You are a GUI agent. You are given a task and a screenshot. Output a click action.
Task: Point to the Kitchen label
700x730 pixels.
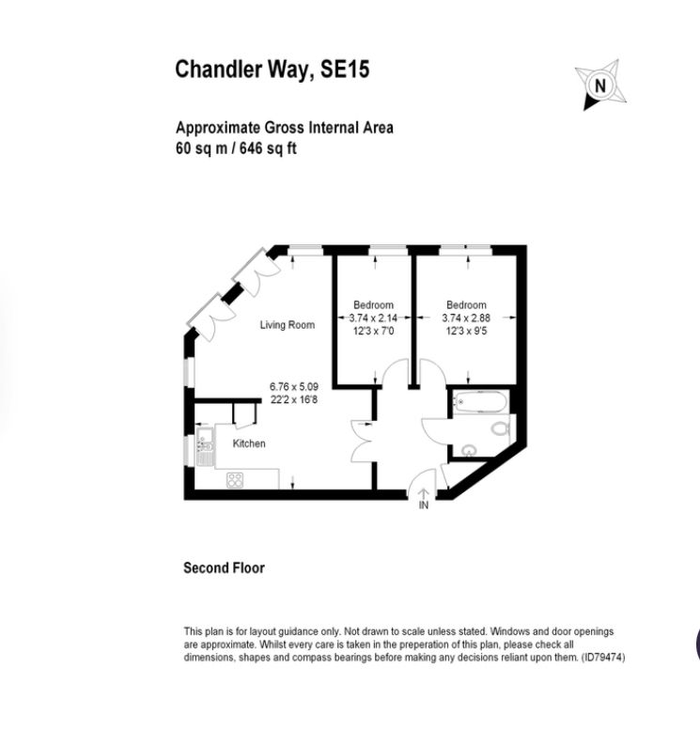pyautogui.click(x=249, y=443)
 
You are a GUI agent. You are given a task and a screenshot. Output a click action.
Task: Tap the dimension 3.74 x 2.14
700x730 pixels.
pyautogui.click(x=372, y=318)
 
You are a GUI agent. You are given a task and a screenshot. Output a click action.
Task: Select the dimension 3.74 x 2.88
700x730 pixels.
pyautogui.click(x=466, y=318)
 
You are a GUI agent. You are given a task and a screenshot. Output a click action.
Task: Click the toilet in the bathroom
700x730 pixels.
pyautogui.click(x=499, y=428)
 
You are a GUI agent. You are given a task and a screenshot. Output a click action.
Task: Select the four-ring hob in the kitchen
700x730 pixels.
pyautogui.click(x=235, y=479)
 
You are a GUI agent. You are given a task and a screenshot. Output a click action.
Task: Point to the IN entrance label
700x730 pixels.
pyautogui.click(x=423, y=505)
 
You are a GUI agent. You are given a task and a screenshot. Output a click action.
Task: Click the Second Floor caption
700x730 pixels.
pyautogui.click(x=224, y=567)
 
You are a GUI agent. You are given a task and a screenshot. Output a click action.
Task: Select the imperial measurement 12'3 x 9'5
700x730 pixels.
pyautogui.click(x=466, y=330)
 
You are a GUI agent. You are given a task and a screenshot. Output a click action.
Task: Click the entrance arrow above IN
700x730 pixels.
pyautogui.click(x=423, y=492)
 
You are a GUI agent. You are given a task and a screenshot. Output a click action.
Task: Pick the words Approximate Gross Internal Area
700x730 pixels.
pyautogui.click(x=284, y=129)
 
